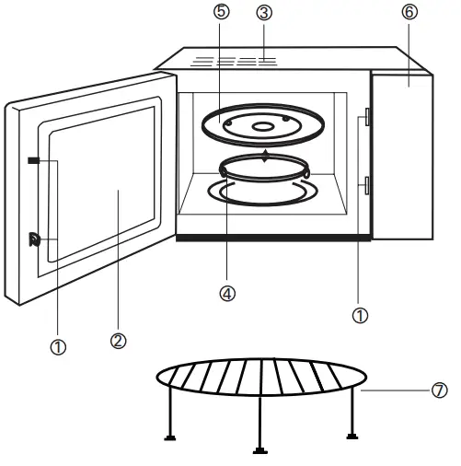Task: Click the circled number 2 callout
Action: [119, 340]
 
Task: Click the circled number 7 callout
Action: [439, 390]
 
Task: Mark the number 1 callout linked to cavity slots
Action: [361, 314]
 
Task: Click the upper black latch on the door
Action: [34, 160]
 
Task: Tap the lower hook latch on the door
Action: [35, 240]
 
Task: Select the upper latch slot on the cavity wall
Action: [366, 117]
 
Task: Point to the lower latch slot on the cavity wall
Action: [366, 187]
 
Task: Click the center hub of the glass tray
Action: [263, 126]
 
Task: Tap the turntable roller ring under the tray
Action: [263, 168]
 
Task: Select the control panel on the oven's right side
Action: [402, 157]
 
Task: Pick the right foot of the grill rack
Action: [351, 436]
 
